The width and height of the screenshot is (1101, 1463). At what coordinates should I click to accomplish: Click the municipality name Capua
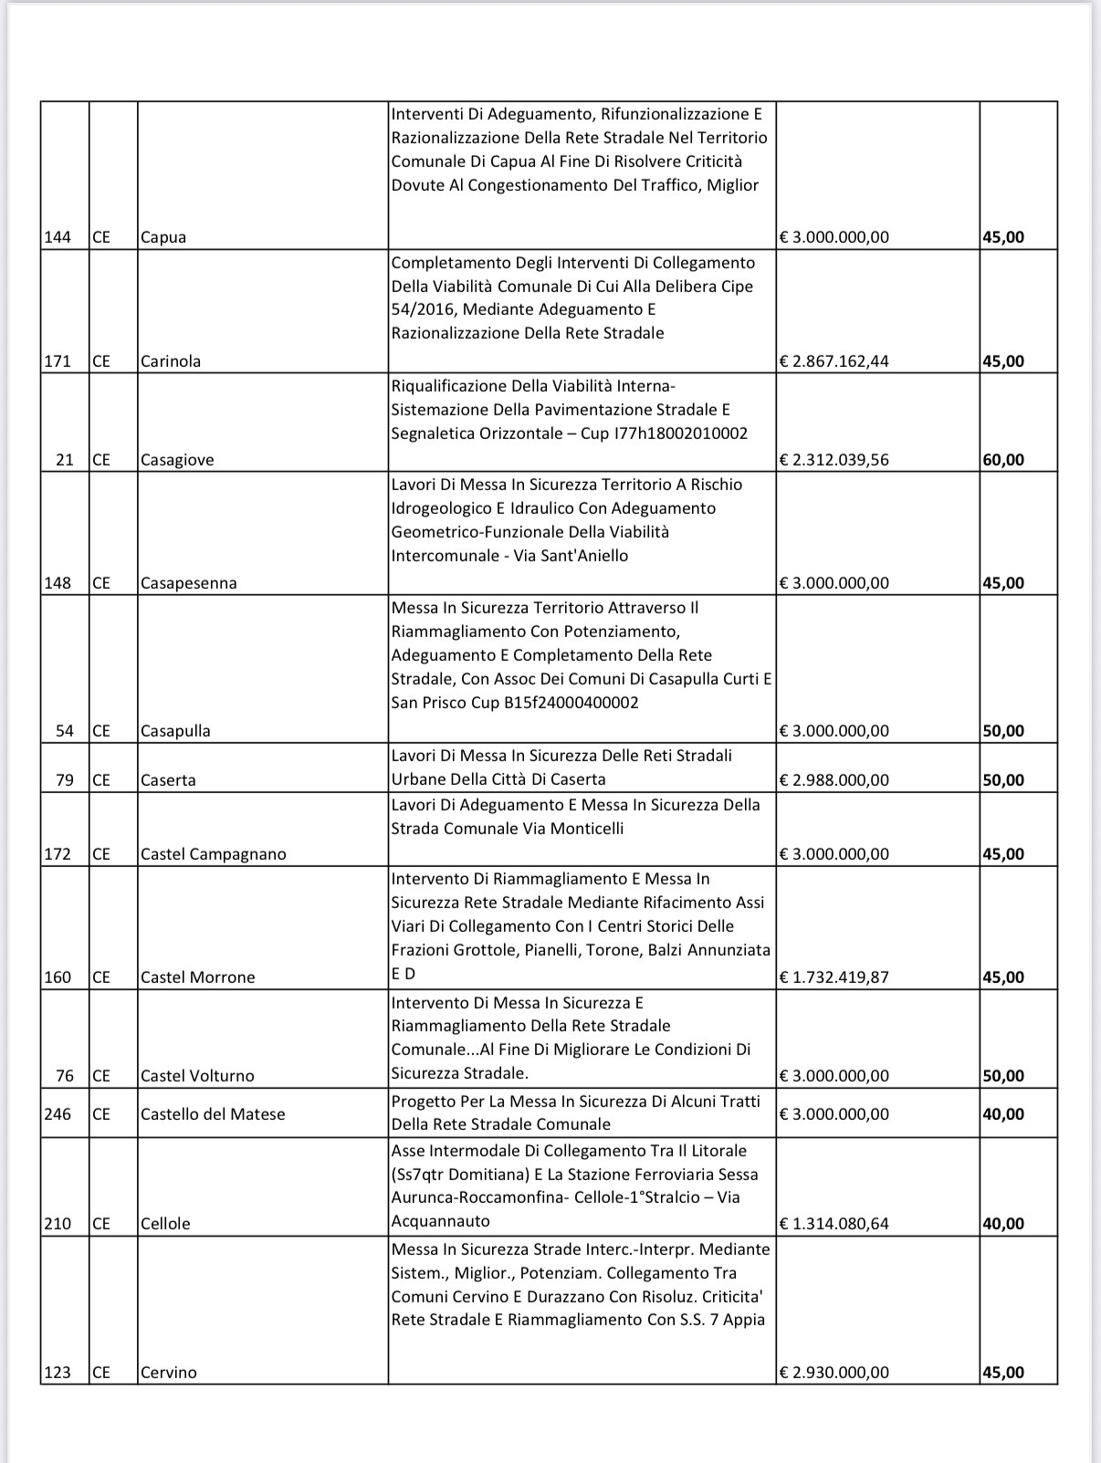[x=163, y=237]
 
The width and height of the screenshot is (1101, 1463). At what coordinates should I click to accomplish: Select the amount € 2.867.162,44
[x=834, y=361]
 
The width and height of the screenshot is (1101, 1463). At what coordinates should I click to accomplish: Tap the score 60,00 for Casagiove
[x=1003, y=460]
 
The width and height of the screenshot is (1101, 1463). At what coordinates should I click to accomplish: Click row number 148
[x=58, y=583]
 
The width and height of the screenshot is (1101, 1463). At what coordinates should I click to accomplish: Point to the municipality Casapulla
[x=175, y=731]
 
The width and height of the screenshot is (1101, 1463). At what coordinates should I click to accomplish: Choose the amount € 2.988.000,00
[x=834, y=780]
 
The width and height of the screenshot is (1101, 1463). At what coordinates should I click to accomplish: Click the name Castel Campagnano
[x=213, y=854]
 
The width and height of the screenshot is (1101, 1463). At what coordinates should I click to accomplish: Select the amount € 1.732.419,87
[x=834, y=977]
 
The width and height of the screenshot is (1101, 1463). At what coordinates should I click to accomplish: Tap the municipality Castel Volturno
[x=197, y=1076]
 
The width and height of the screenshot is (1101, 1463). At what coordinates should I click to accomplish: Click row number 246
[x=58, y=1114]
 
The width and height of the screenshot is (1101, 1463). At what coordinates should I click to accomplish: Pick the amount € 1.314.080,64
[x=834, y=1224]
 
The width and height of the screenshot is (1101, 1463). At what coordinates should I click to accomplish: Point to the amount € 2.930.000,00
[x=834, y=1373]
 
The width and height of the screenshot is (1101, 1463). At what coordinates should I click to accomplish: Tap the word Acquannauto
[x=441, y=1221]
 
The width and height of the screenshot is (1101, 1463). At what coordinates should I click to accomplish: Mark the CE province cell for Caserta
[x=100, y=780]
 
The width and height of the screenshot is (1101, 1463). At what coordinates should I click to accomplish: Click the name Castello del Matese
[x=213, y=1114]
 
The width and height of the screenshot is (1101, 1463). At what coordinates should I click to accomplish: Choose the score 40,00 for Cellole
[x=1003, y=1224]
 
